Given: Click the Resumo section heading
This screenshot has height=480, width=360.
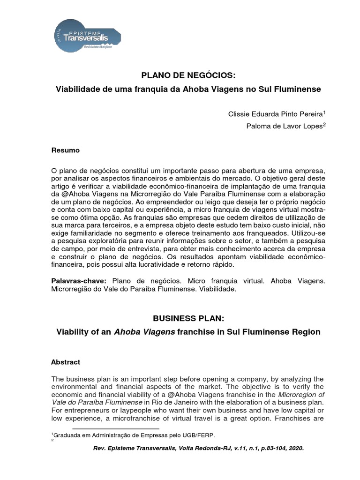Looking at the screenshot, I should click(65, 150).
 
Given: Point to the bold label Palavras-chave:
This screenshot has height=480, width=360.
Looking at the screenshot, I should click(78, 281).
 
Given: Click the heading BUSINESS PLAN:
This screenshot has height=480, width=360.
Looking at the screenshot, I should click(189, 319).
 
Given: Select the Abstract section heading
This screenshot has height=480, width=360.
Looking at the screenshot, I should click(65, 362).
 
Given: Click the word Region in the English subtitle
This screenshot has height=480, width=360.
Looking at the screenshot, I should click(307, 332).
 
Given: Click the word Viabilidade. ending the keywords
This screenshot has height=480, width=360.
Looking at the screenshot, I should click(219, 290).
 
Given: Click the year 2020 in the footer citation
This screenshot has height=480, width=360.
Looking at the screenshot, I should click(294, 448).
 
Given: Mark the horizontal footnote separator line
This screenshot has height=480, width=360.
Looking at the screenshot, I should click(115, 428).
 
